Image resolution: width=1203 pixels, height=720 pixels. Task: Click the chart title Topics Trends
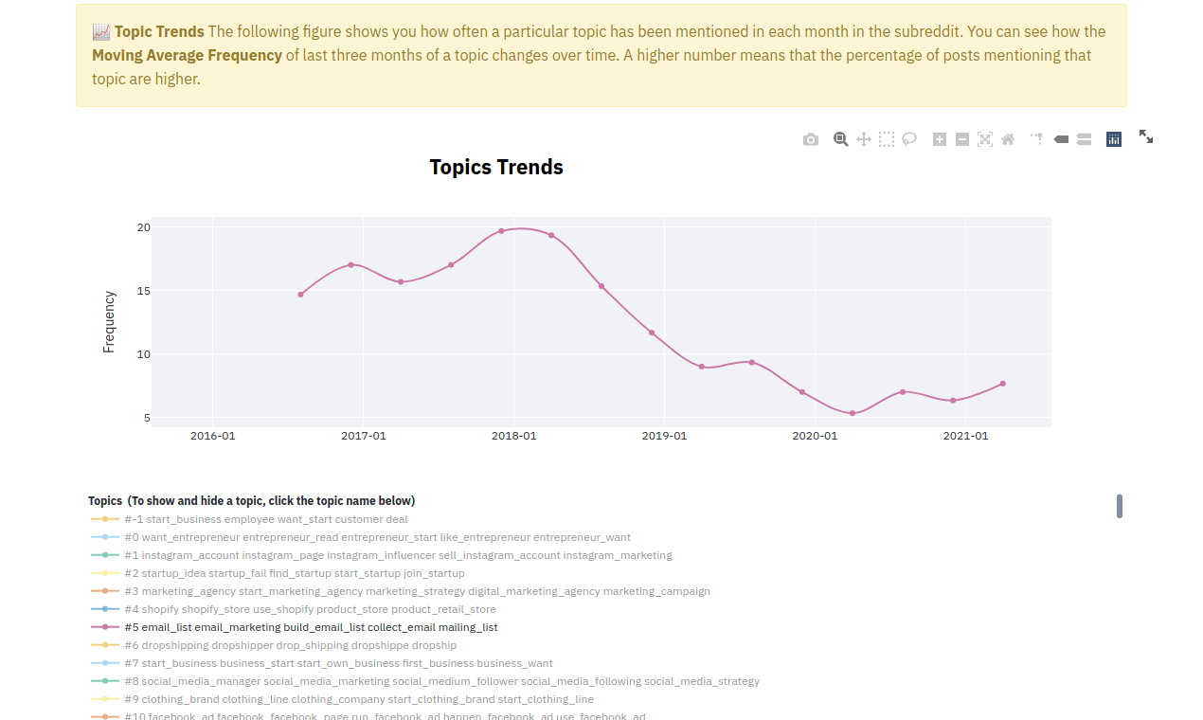coord(496,167)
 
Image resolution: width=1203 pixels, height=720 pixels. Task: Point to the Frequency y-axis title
coord(109,322)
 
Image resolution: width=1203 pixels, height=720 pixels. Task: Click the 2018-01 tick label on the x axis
coord(514,436)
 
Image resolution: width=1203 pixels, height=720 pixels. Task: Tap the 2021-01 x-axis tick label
coord(965,436)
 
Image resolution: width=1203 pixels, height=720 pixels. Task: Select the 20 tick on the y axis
coord(143,227)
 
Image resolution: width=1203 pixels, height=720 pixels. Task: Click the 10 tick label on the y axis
coord(143,354)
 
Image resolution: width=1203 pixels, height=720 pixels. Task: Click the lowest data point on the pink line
coord(853,413)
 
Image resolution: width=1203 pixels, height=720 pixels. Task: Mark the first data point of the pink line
coord(301,295)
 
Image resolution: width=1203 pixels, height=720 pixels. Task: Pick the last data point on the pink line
coord(1003,384)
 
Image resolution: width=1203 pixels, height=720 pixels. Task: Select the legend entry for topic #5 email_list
coord(295,627)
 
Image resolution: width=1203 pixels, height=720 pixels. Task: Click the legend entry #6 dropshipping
coord(274,645)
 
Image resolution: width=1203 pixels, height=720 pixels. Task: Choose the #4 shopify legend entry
coord(294,609)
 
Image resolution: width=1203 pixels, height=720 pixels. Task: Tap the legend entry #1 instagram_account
coord(382,555)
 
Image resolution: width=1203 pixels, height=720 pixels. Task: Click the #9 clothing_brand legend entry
coord(342,699)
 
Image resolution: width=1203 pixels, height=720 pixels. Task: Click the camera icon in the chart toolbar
coord(811,139)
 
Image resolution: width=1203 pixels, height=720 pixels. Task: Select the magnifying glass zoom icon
coord(840,139)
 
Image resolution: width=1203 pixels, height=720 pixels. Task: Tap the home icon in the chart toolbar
coord(1008,139)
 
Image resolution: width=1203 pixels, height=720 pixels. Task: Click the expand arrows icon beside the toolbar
coord(1146,136)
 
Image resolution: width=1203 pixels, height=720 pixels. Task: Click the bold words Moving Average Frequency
coord(187,55)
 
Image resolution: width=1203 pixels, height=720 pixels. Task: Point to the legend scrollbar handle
coord(1120,506)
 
